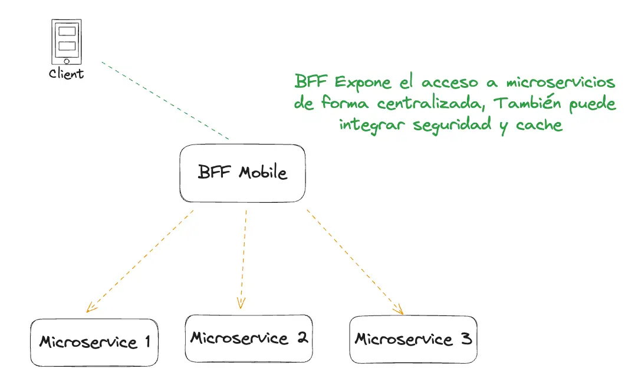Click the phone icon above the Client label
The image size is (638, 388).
click(67, 42)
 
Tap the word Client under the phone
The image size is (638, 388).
click(66, 74)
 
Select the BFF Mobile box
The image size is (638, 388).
click(242, 173)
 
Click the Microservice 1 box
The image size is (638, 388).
click(94, 342)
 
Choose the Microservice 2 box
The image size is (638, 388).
click(248, 338)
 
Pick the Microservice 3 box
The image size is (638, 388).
click(413, 340)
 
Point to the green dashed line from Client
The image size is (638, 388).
click(165, 101)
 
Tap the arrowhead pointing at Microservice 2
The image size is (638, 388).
click(241, 302)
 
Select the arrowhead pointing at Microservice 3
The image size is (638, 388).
click(399, 309)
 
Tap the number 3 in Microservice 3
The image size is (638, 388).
click(465, 340)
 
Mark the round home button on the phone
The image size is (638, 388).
click(67, 61)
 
